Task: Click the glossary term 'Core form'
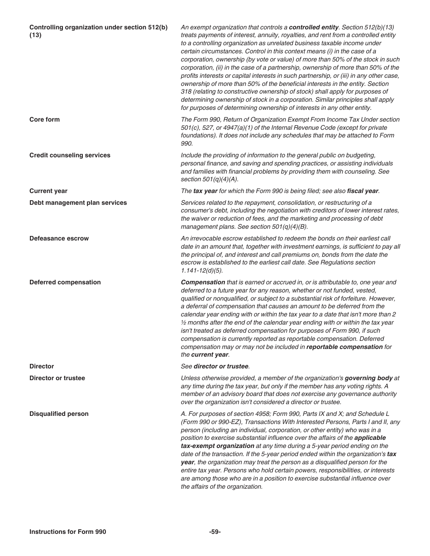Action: click(44, 120)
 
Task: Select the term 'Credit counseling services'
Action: click(70, 155)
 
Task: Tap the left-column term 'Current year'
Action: click(48, 191)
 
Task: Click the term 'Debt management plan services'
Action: click(78, 203)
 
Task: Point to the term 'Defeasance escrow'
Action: click(59, 239)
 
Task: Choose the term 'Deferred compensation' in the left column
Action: click(65, 283)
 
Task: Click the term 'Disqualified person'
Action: click(59, 414)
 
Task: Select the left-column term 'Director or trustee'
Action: click(57, 378)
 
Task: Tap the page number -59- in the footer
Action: click(215, 532)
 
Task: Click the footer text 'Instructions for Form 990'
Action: click(67, 532)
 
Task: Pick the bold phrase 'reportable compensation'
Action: click(344, 347)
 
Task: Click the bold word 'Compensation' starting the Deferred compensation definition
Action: click(203, 283)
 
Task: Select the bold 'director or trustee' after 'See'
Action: click(221, 367)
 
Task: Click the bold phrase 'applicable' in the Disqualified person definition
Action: click(370, 438)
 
